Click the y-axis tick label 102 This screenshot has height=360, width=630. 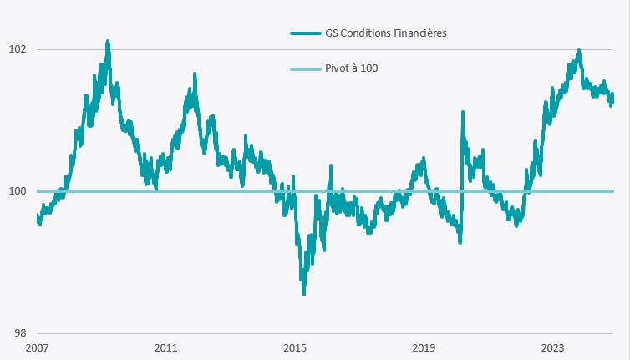point(17,49)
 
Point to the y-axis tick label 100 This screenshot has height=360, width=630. point(17,191)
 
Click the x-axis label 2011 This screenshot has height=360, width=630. point(165,347)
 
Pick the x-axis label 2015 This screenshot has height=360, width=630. point(294,347)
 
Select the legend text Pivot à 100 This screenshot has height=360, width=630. point(351,68)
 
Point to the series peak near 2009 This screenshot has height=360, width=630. point(108,41)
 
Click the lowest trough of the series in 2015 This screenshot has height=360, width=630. point(303,292)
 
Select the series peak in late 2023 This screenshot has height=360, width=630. point(578,51)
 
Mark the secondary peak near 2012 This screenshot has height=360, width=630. point(194,74)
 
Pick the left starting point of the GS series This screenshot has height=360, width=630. point(38,216)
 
